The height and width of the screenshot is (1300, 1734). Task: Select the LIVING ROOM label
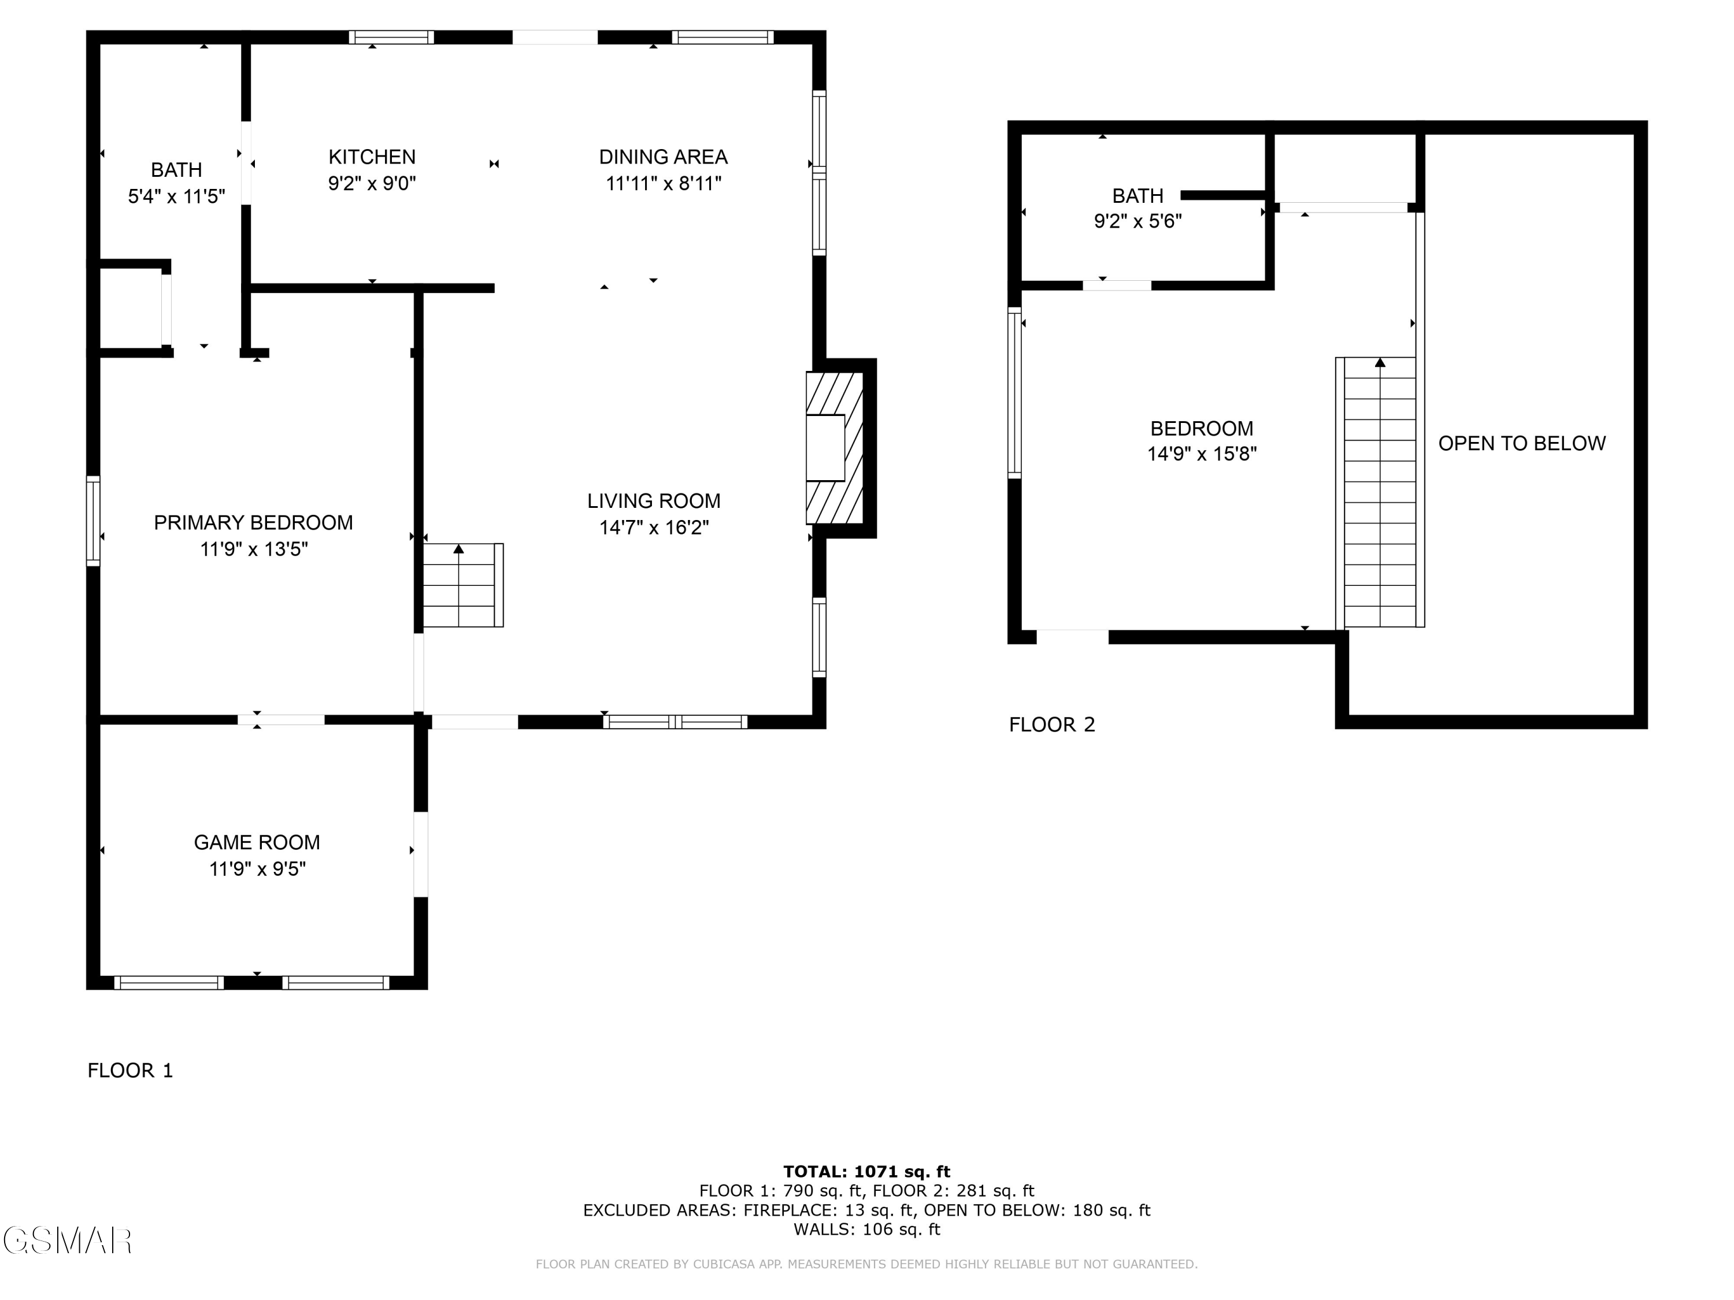pyautogui.click(x=654, y=501)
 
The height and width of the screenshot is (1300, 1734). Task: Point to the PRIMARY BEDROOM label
pyautogui.click(x=253, y=523)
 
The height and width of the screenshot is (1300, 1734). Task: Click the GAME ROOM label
pyautogui.click(x=257, y=842)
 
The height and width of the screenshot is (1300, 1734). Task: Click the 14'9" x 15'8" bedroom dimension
pyautogui.click(x=1202, y=454)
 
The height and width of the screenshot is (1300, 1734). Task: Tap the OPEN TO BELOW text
pyautogui.click(x=1521, y=444)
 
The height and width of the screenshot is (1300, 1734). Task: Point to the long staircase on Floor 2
pyautogui.click(x=1380, y=492)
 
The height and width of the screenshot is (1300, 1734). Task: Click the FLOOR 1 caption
pyautogui.click(x=130, y=1071)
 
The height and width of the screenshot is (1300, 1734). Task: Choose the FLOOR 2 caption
pyautogui.click(x=1052, y=725)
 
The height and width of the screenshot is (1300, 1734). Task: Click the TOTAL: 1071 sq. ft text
pyautogui.click(x=866, y=1172)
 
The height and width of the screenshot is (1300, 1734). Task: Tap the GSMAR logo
pyautogui.click(x=68, y=1240)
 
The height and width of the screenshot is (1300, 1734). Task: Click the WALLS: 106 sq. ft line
pyautogui.click(x=866, y=1230)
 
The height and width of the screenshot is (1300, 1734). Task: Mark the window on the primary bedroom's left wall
pyautogui.click(x=93, y=521)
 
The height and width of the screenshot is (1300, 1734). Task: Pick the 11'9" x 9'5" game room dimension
pyautogui.click(x=257, y=869)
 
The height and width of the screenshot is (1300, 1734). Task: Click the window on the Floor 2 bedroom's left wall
pyautogui.click(x=1014, y=392)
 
